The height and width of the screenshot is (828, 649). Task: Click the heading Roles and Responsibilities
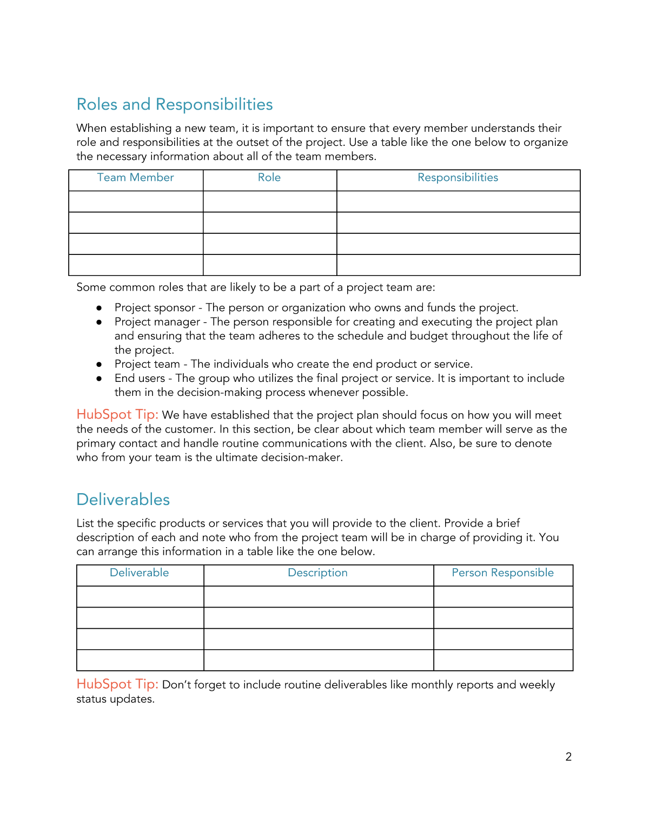pyautogui.click(x=175, y=104)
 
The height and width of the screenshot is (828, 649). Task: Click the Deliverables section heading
pyautogui.click(x=123, y=500)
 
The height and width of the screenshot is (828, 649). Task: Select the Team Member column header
pyautogui.click(x=135, y=178)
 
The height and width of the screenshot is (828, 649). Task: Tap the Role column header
pyautogui.click(x=269, y=178)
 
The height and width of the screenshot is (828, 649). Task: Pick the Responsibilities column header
pyautogui.click(x=458, y=178)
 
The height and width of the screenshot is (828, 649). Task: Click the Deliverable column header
pyautogui.click(x=140, y=573)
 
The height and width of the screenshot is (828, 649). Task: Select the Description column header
pyautogui.click(x=317, y=573)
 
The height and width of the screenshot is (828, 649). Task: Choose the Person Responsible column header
pyautogui.click(x=502, y=573)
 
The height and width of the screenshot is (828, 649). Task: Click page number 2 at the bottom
pyautogui.click(x=568, y=757)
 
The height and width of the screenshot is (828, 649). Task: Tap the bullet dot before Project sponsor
pyautogui.click(x=99, y=308)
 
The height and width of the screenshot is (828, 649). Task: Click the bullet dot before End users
pyautogui.click(x=99, y=379)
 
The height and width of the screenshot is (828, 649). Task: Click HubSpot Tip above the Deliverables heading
pyautogui.click(x=117, y=415)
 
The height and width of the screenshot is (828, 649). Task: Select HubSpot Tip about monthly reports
pyautogui.click(x=117, y=684)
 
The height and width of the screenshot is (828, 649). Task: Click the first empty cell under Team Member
pyautogui.click(x=136, y=201)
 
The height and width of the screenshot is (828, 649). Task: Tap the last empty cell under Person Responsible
pyautogui.click(x=503, y=660)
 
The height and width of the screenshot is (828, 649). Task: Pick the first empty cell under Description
pyautogui.click(x=319, y=597)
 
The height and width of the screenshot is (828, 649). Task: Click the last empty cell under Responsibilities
pyautogui.click(x=458, y=265)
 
